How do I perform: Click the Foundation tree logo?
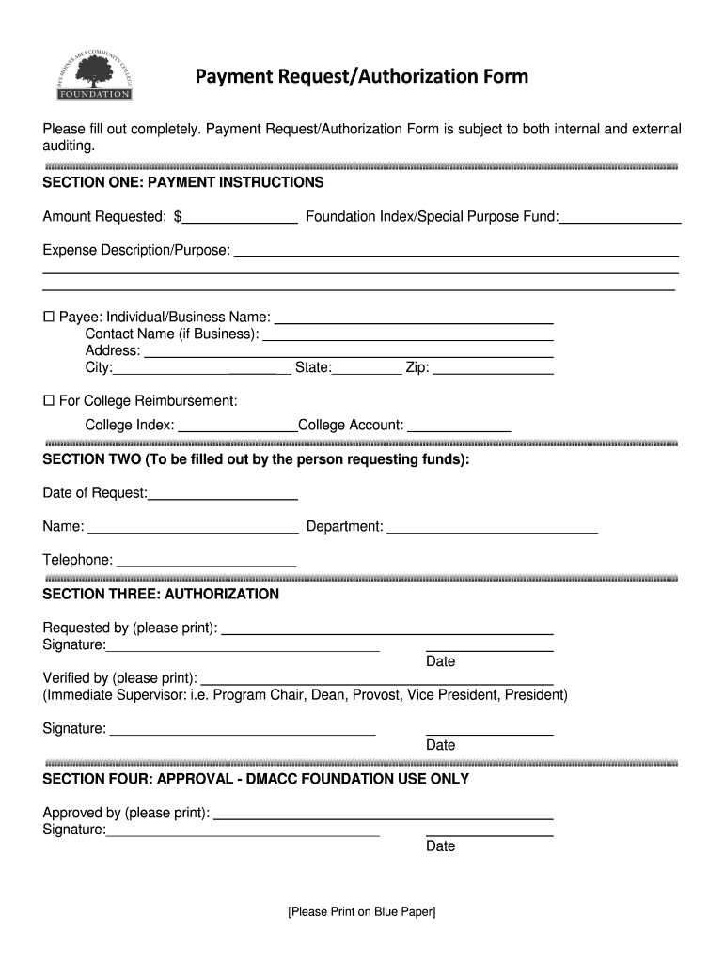click(x=94, y=75)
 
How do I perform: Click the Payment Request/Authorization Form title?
click(x=361, y=76)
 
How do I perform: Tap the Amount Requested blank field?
click(x=241, y=218)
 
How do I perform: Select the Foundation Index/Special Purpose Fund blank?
click(x=620, y=218)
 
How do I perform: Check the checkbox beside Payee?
click(x=49, y=318)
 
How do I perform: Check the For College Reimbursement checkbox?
click(x=49, y=401)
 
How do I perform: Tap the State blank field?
click(x=367, y=368)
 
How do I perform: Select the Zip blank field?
click(x=492, y=368)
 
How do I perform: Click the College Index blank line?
click(x=237, y=426)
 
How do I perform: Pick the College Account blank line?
click(x=459, y=426)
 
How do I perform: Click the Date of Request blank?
click(x=223, y=493)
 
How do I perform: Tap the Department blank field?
click(x=492, y=527)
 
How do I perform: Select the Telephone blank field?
click(x=206, y=561)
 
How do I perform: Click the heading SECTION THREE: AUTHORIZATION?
click(x=161, y=595)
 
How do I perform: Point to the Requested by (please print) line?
click(x=386, y=628)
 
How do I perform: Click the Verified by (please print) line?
click(x=376, y=678)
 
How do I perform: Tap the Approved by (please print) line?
click(x=383, y=814)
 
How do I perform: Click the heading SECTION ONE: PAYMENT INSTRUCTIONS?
click(x=183, y=182)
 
